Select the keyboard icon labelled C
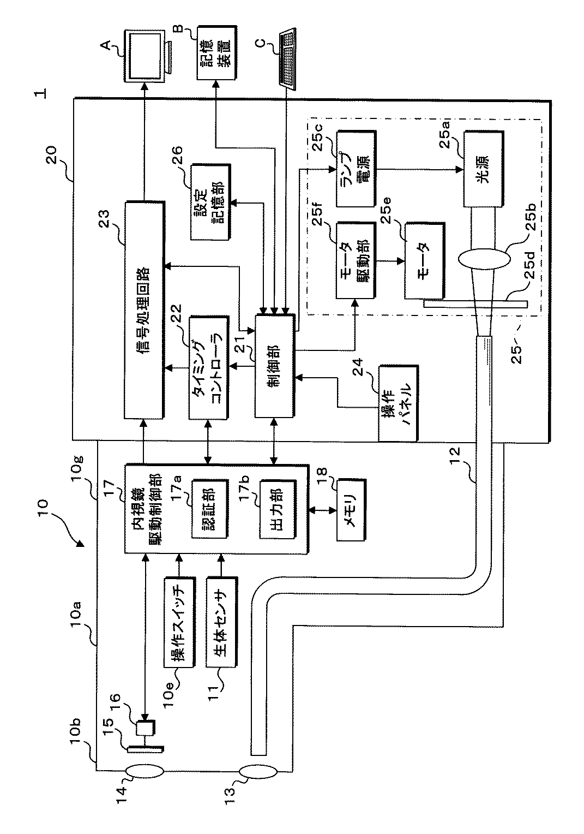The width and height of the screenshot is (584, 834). pos(287,58)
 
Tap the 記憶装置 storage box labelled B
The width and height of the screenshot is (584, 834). pos(217,52)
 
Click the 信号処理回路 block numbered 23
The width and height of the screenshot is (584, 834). pos(144,311)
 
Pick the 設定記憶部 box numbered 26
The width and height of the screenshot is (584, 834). pos(210,202)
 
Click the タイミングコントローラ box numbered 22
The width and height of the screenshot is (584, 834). pos(209,368)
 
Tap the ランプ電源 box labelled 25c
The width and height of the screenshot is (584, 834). pos(357,169)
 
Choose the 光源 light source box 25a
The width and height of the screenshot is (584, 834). pos(484,169)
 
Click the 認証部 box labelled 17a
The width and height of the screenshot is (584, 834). pos(209,509)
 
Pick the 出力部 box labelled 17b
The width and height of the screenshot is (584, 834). pos(278,509)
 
